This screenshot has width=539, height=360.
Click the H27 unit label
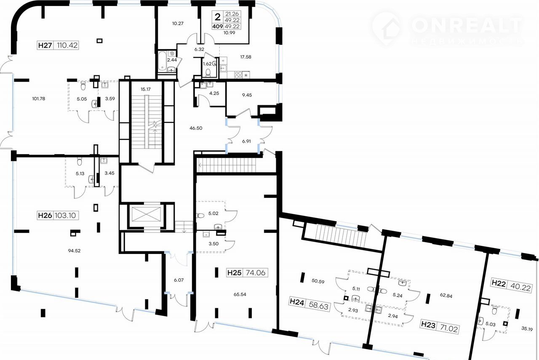point(45,45)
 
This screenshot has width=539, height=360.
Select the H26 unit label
point(45,216)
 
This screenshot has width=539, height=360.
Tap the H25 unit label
point(235,273)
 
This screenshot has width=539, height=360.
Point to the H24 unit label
point(297,302)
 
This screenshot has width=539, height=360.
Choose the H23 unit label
point(428,325)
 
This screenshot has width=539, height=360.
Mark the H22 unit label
point(499,283)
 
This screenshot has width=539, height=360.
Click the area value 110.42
point(67,45)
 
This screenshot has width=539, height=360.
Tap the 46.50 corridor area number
point(196,128)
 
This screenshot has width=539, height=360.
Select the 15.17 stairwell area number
point(146,89)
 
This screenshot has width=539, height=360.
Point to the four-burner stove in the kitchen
point(238,75)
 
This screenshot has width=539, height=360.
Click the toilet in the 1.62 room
point(208,72)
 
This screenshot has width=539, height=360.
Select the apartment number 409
point(218,27)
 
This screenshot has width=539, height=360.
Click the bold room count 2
point(218,17)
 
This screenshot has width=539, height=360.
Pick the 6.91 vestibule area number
point(246,141)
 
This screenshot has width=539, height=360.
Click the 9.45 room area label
point(247,95)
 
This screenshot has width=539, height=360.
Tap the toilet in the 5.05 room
point(83,86)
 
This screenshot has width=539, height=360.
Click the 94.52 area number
point(74,251)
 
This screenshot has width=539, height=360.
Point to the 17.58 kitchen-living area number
point(245,57)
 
